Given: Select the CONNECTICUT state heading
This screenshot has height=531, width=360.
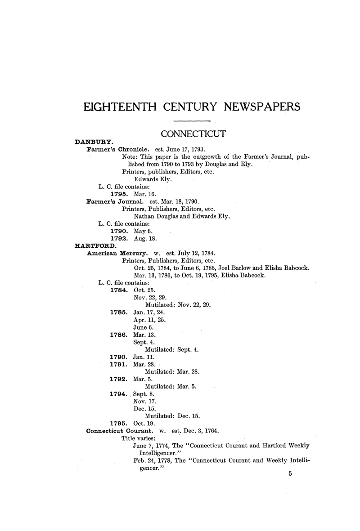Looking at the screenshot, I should [x=193, y=134].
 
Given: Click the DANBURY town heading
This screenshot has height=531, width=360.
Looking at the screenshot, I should [x=94, y=142].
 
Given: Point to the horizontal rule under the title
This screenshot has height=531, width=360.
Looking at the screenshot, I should [x=192, y=121].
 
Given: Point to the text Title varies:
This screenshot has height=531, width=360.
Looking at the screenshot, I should [x=139, y=438].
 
